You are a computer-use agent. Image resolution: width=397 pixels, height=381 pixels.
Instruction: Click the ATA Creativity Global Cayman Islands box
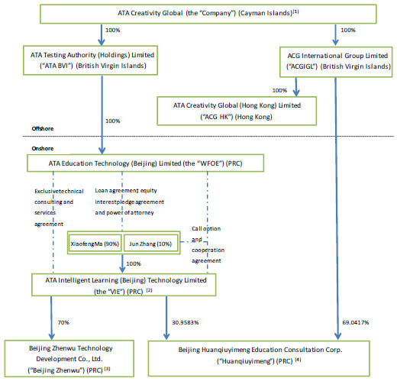point(208,14)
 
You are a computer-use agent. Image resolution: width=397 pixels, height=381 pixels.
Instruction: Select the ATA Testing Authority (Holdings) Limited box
point(90,60)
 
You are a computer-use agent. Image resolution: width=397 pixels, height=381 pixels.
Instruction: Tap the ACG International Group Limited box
point(336,62)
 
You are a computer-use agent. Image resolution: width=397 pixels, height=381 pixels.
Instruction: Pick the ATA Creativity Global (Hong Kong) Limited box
point(237,111)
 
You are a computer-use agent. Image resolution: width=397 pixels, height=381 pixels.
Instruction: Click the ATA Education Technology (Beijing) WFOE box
point(145,163)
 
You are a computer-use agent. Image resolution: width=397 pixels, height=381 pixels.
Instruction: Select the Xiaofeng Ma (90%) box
point(95,244)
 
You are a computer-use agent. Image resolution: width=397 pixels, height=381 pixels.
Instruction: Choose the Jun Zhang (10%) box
point(150,244)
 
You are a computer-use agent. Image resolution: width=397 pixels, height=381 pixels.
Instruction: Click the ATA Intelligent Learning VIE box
point(124,285)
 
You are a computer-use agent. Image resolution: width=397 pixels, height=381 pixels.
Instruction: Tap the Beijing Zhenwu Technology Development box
point(69,359)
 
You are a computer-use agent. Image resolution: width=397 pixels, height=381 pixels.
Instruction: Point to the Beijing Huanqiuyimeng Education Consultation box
point(259,359)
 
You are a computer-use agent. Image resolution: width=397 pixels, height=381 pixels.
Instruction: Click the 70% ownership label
point(63,322)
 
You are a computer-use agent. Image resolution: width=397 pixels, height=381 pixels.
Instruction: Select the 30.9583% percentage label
point(186,322)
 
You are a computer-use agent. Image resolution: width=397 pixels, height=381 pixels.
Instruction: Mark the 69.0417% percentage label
point(356,322)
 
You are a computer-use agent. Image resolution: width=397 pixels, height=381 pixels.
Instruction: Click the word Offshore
point(43,128)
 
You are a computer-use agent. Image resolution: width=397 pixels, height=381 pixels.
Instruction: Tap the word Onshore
point(43,148)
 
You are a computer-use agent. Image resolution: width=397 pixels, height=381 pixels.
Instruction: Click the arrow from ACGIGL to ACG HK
point(296,87)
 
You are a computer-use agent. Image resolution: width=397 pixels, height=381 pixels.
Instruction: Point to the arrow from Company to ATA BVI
point(102,35)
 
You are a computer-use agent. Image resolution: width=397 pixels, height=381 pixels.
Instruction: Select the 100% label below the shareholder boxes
point(134,263)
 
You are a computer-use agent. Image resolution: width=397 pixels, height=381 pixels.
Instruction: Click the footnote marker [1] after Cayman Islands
point(295,11)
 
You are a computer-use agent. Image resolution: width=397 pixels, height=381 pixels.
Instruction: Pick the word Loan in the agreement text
point(102,190)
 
